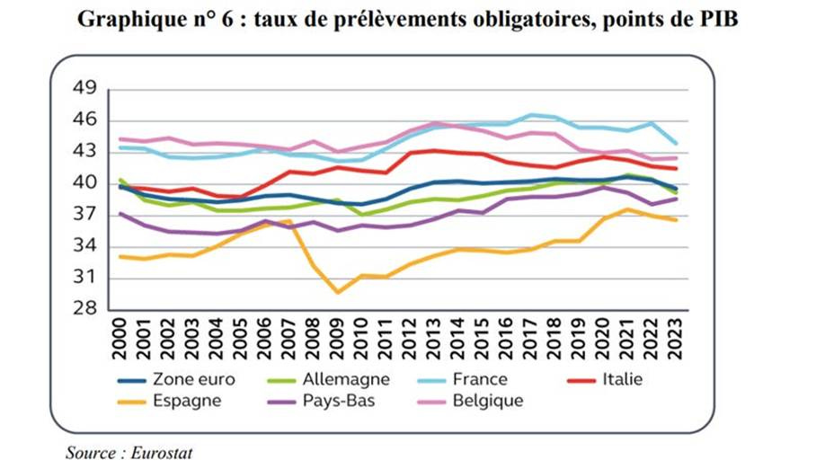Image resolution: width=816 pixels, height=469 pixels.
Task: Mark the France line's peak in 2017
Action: pos(531,115)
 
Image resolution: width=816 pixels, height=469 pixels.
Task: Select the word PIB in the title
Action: pos(718,19)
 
